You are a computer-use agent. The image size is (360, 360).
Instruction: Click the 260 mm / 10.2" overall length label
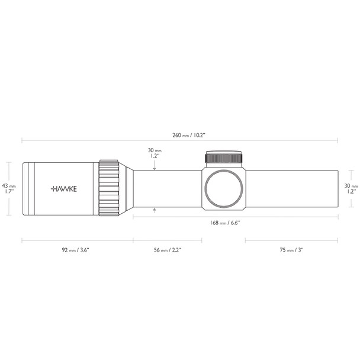(179, 134)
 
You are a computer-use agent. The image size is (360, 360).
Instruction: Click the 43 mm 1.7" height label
(9, 188)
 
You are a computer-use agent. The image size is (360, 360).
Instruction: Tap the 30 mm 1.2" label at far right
(351, 188)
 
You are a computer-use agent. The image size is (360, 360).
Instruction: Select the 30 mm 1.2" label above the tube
(154, 154)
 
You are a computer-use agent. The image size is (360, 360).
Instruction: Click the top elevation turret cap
(224, 157)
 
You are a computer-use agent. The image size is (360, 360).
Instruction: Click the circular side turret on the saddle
(224, 188)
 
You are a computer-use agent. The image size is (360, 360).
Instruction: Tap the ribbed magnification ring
(110, 188)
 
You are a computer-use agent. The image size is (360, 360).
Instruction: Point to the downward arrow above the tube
(155, 168)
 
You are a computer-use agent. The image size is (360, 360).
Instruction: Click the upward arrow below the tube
(155, 210)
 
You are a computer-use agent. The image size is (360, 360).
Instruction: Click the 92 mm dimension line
(77, 240)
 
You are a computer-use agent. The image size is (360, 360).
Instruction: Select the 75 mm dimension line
(291, 240)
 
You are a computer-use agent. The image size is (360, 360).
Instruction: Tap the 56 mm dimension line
(167, 240)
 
